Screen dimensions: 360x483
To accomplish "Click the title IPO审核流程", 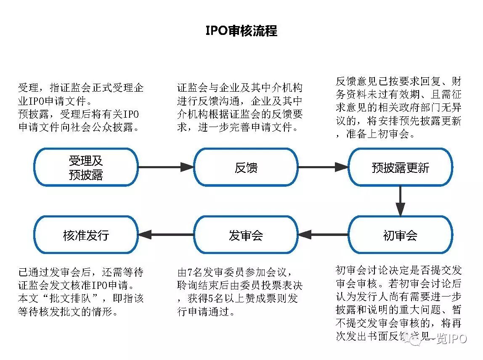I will click(241, 31).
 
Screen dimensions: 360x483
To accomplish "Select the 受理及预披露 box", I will click(86, 167).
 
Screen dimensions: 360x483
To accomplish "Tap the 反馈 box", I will click(246, 167).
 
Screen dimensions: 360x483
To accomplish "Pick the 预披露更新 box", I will click(400, 167).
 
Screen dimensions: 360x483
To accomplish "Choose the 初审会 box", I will click(400, 235).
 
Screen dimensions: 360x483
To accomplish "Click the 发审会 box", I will click(246, 235).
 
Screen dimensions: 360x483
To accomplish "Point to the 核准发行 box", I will click(86, 235).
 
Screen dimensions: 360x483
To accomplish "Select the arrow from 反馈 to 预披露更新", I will click(323, 167).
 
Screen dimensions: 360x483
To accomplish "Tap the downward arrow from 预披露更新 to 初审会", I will click(400, 201).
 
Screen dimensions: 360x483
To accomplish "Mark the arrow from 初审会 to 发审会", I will click(323, 235).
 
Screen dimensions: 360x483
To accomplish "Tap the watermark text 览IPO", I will click(451, 339).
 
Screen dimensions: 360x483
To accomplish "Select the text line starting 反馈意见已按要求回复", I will click(398, 82).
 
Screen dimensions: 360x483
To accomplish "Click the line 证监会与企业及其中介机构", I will click(240, 88).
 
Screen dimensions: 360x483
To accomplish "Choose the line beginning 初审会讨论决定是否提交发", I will click(398, 270).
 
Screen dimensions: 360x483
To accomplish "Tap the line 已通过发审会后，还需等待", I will click(81, 272).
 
